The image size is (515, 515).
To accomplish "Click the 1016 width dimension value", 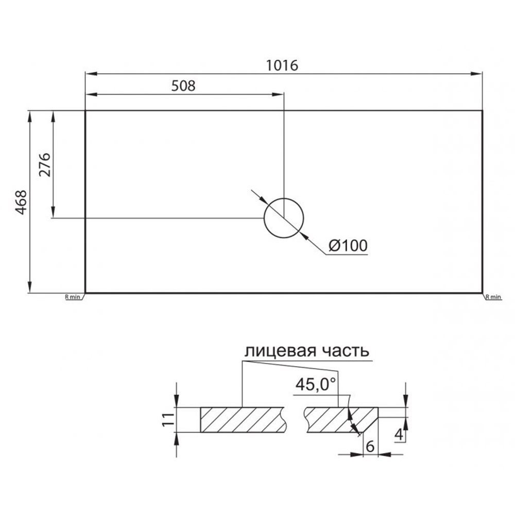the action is pyautogui.click(x=282, y=65).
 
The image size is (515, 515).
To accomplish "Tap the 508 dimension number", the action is pyautogui.click(x=183, y=86).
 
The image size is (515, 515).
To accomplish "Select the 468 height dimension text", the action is pyautogui.click(x=21, y=202).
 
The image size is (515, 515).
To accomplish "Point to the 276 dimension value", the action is pyautogui.click(x=45, y=165).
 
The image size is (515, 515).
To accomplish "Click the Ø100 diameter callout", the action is pyautogui.click(x=348, y=245).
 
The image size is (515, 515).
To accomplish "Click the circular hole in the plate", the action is pyautogui.click(x=284, y=198).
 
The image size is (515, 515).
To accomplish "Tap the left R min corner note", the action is pyautogui.click(x=73, y=297).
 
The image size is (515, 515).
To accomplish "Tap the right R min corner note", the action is pyautogui.click(x=494, y=297).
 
